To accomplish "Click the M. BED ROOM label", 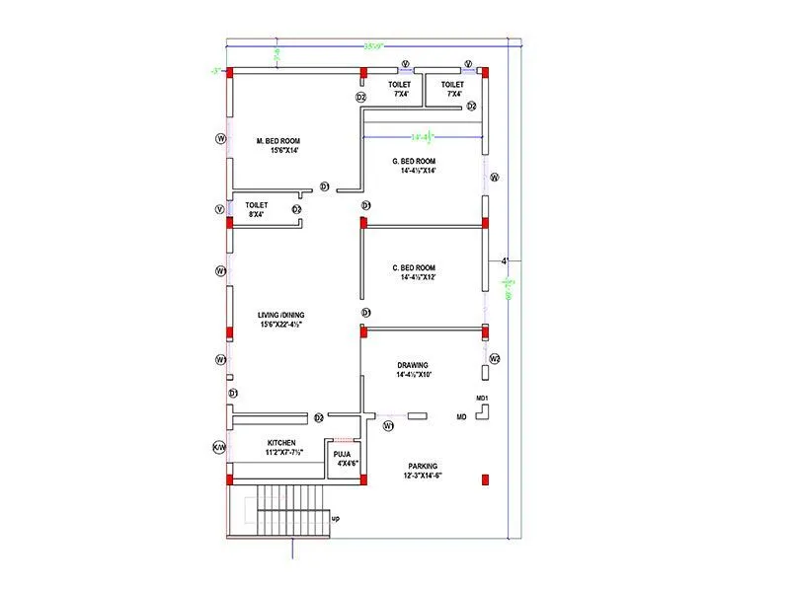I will (x=276, y=140).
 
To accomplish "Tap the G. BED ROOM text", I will (x=414, y=160).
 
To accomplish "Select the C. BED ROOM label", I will (x=413, y=267).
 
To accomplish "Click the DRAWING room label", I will (x=414, y=364).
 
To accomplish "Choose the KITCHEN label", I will (x=283, y=442).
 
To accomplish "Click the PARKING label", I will (x=423, y=465).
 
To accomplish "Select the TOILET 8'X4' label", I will (x=257, y=204).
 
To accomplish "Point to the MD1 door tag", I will (x=483, y=398).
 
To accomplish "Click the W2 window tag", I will (x=496, y=357).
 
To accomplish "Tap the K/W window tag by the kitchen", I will (x=220, y=447).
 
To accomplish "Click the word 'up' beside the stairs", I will (x=336, y=518).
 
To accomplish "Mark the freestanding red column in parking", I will (x=485, y=479).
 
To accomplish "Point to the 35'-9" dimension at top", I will (x=372, y=45).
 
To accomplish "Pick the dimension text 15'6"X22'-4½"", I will (x=280, y=324).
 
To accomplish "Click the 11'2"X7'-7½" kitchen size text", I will (x=283, y=452).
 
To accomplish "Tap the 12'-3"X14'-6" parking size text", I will (x=423, y=475).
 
